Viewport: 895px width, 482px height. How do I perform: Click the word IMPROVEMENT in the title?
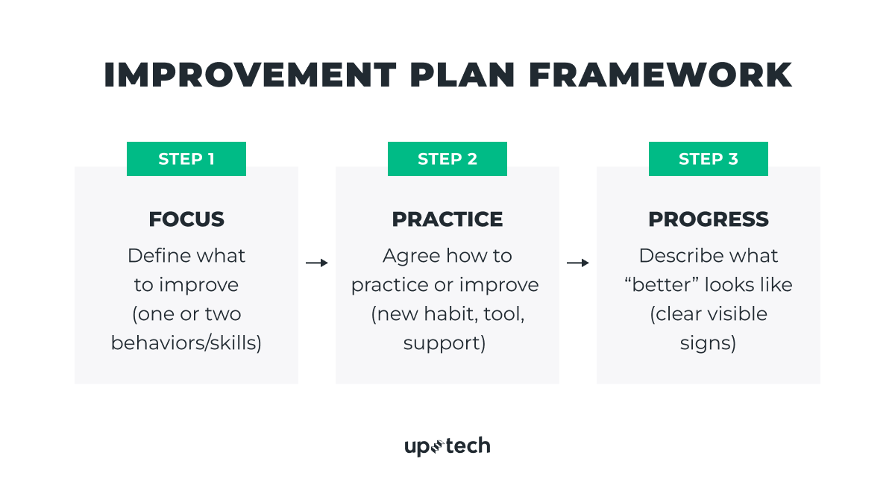250,75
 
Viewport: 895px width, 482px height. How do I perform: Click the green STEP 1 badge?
186,159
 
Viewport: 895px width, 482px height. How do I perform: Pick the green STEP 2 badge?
447,159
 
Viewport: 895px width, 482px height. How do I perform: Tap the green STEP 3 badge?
709,159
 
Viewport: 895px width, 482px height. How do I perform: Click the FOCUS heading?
186,219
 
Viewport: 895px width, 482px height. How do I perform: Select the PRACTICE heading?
447,219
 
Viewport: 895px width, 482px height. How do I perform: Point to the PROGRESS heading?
709,219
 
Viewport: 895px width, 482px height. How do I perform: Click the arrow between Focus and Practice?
317,263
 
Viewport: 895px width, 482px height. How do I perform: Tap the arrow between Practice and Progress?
578,263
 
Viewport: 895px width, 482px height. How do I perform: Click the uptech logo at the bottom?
447,446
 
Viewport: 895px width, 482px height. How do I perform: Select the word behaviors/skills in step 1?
186,343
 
